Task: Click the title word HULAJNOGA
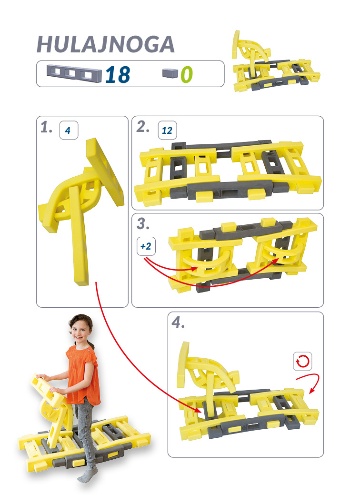click(106, 44)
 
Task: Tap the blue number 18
click(118, 75)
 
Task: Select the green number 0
click(187, 75)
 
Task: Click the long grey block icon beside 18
click(74, 74)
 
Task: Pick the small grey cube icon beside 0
click(170, 73)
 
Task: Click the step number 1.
click(46, 127)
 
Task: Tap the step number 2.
click(143, 127)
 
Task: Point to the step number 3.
click(143, 224)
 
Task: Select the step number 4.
click(178, 322)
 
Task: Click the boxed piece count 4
click(69, 130)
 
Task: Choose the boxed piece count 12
click(167, 130)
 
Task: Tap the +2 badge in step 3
click(146, 246)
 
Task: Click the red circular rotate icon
click(302, 361)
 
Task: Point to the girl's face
click(80, 333)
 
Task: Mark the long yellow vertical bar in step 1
click(79, 236)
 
